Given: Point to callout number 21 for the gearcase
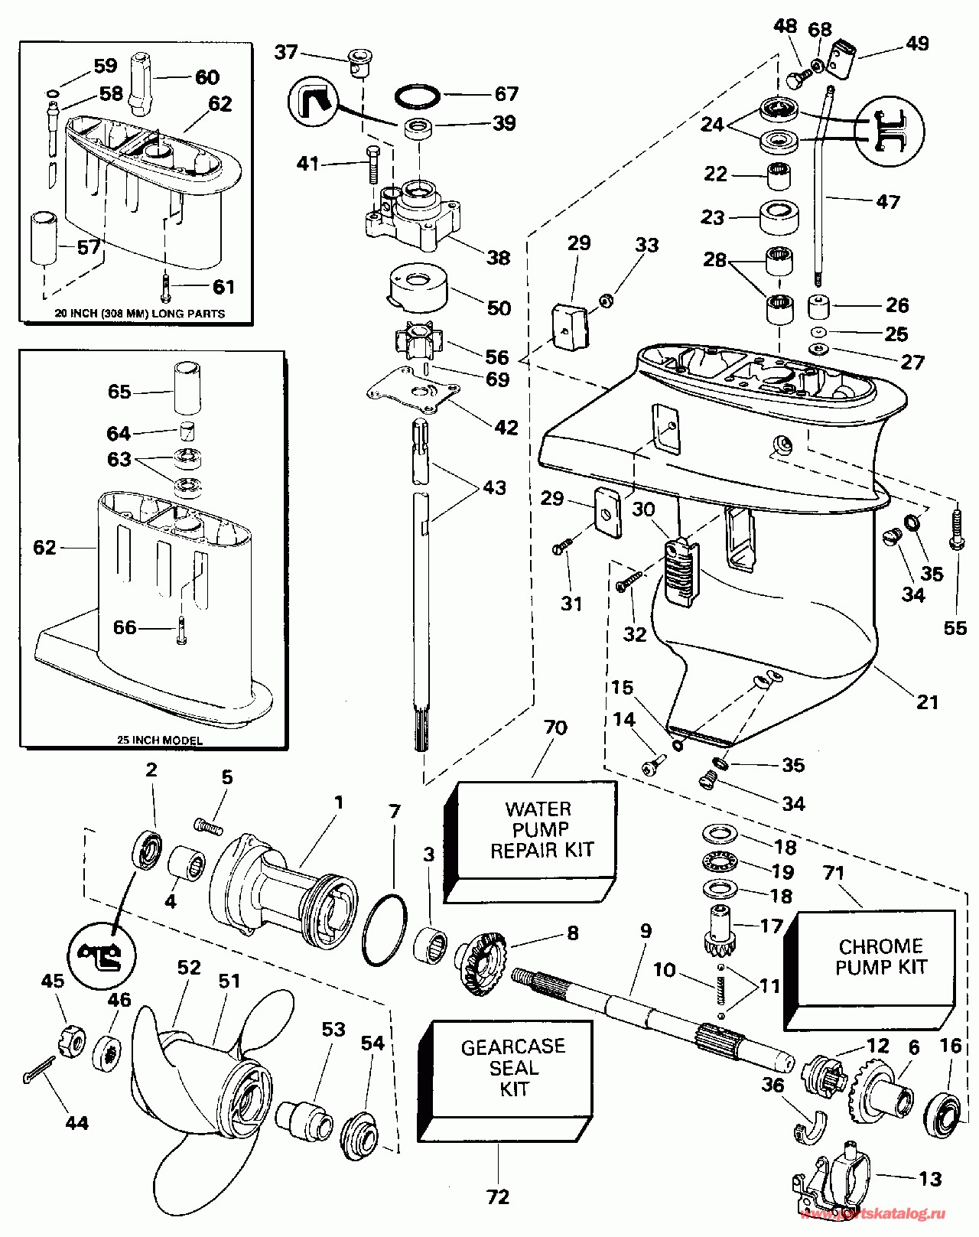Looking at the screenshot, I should (x=927, y=702).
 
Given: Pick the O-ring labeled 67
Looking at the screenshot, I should (x=418, y=97).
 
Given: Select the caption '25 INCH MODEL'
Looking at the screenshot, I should (x=160, y=740).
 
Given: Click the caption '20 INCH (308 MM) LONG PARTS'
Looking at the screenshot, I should (x=139, y=314).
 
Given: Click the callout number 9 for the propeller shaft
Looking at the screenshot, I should (x=646, y=931).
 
